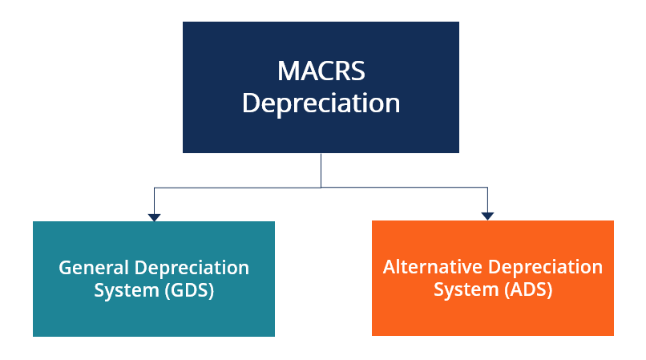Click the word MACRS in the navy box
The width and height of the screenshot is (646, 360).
tap(321, 71)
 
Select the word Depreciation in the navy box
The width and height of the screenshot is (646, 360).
tap(321, 103)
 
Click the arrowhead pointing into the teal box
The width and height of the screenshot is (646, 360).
tap(155, 216)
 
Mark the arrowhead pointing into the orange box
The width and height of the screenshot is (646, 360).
tap(487, 216)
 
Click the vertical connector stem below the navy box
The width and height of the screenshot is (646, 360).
tap(321, 170)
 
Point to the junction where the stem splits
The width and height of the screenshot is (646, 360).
tap(321, 188)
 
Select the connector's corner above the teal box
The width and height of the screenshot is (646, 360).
tap(155, 188)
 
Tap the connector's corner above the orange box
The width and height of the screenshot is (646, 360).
tap(487, 188)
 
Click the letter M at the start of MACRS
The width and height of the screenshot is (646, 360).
tap(288, 71)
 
